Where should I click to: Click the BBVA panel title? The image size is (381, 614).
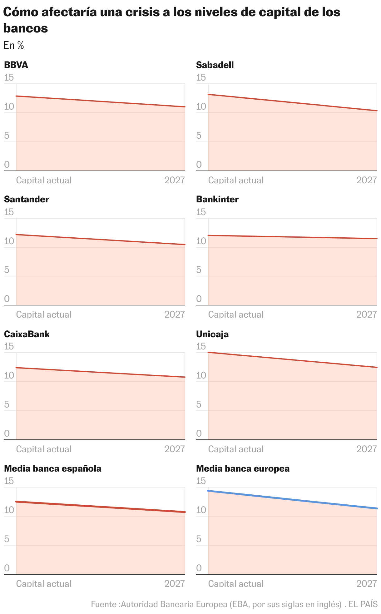tap(16, 65)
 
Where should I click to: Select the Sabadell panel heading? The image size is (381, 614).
tap(215, 65)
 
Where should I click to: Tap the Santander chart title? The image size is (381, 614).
tap(27, 199)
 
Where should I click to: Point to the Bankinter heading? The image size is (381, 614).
tap(217, 199)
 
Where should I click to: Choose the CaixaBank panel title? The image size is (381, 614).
tap(27, 334)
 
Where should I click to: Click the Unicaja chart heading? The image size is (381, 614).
tap(212, 334)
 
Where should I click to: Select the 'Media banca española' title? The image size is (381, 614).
tap(53, 468)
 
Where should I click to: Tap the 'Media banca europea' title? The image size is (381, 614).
tap(243, 468)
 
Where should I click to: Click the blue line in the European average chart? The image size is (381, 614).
tap(293, 500)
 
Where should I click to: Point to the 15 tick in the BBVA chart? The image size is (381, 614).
tap(9, 77)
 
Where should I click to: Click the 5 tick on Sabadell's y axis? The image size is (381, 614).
tap(199, 136)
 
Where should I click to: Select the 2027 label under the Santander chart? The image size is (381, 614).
tap(175, 314)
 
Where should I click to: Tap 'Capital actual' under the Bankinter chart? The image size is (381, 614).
tap(236, 314)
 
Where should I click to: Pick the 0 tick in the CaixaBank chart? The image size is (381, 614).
tap(7, 433)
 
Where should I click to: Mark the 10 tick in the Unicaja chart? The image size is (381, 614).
tap(201, 375)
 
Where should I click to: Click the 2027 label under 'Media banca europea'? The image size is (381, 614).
tap(367, 583)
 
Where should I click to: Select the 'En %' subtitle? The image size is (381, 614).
tap(14, 45)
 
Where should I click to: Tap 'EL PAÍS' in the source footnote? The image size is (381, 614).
tap(363, 604)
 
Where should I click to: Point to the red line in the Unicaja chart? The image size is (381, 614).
tap(293, 360)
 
